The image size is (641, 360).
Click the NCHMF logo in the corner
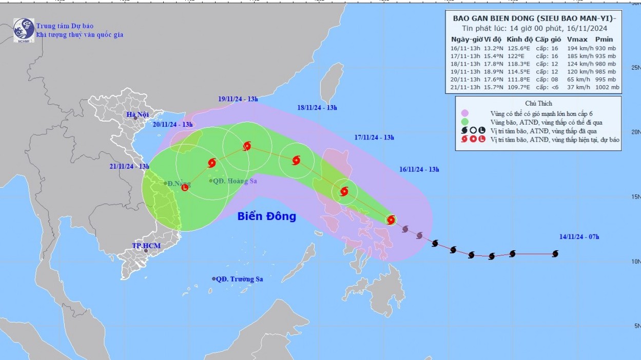(24, 30)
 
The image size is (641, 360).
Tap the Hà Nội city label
(138, 114)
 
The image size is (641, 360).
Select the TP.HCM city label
(146, 246)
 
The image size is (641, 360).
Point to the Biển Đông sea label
(266, 216)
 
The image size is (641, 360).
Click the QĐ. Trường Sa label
(239, 279)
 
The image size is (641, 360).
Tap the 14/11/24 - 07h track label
(579, 236)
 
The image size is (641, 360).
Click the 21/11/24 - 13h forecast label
(129, 166)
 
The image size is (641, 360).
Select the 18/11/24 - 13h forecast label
(317, 108)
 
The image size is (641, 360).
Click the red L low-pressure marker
(185, 188)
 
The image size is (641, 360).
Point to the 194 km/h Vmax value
(578, 48)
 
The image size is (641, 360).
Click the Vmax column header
(577, 39)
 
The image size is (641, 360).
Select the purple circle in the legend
(465, 113)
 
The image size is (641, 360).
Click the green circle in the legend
(465, 122)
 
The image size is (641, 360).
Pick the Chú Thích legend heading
(538, 103)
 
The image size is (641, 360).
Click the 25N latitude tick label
(636, 68)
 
